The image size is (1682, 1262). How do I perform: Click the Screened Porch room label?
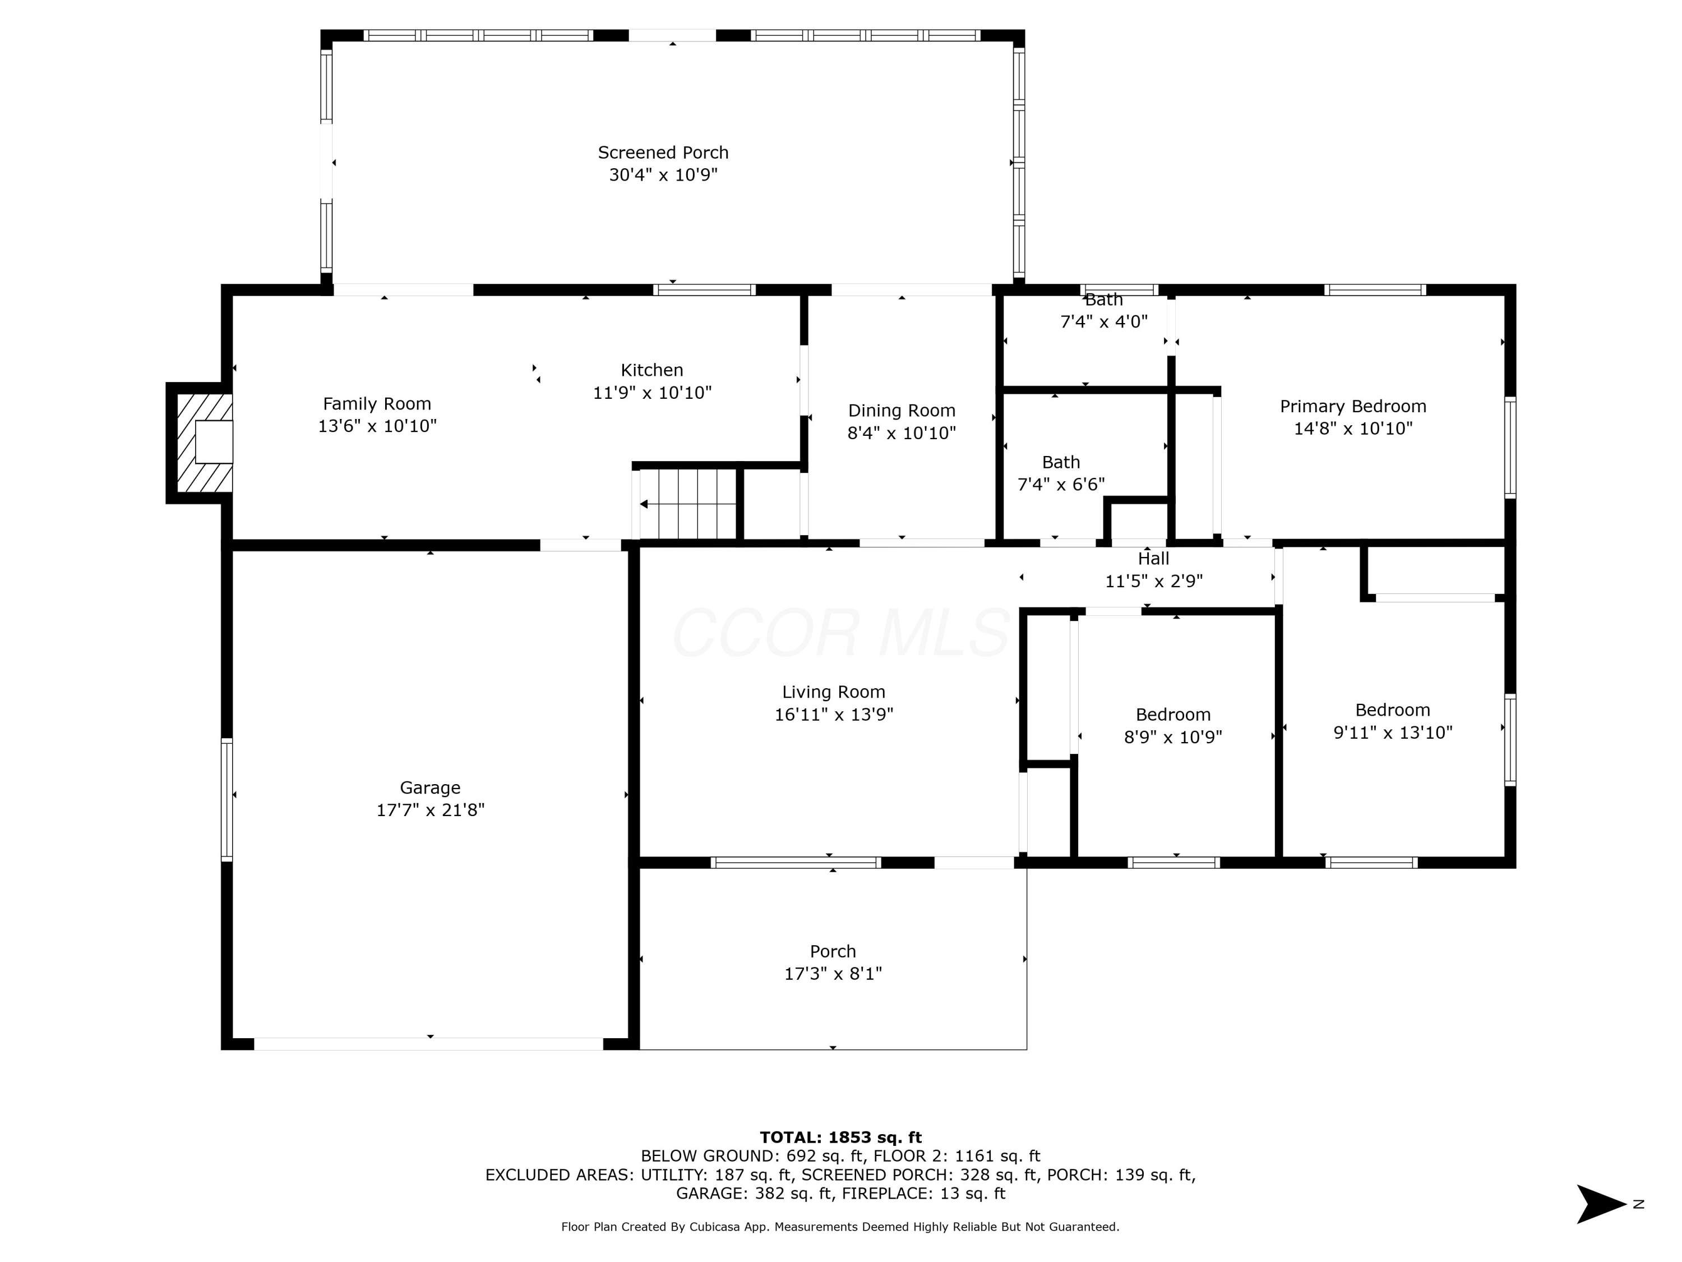point(663,153)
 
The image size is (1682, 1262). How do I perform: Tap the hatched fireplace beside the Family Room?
point(205,443)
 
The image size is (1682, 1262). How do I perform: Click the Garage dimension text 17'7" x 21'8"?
point(431,810)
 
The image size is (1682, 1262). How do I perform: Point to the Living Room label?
point(833,692)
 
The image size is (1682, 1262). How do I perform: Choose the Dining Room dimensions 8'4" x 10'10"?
point(902,434)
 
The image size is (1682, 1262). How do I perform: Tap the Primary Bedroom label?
point(1353,406)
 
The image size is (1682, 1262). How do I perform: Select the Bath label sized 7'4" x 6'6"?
point(1061,463)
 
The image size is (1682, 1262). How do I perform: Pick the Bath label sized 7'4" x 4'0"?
point(1103,300)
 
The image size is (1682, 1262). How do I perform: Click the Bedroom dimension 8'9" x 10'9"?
point(1173,737)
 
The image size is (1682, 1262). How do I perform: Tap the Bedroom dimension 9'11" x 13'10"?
point(1393,733)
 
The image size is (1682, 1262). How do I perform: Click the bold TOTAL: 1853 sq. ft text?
point(841,1137)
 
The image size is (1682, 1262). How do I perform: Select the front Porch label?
point(833,952)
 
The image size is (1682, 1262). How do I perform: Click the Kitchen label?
point(651,370)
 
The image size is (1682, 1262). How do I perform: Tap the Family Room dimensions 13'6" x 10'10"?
point(377,426)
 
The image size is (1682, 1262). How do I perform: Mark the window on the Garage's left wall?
point(227,799)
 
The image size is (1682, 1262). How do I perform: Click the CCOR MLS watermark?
point(840,633)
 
